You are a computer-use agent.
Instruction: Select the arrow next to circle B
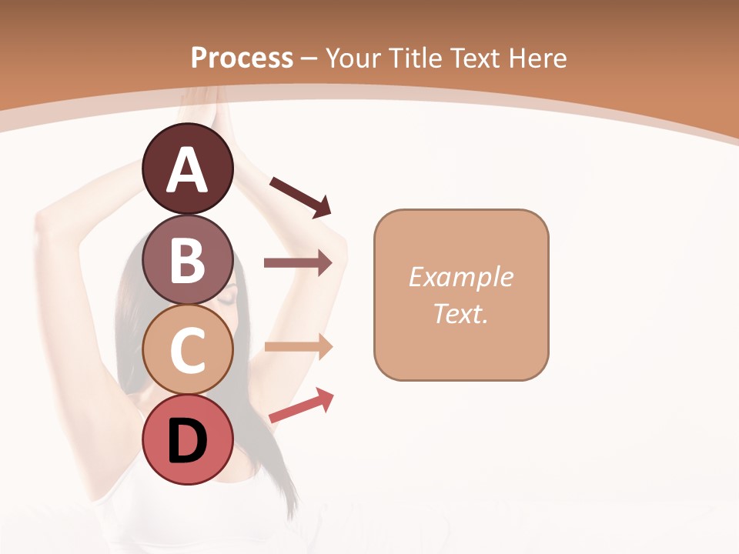tap(298, 263)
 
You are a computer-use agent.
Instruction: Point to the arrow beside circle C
tap(298, 346)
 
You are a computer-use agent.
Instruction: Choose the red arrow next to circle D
tap(301, 405)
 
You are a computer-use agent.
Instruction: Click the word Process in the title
tap(242, 58)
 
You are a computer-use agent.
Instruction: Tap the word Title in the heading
tap(410, 58)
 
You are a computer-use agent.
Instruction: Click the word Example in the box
tap(460, 277)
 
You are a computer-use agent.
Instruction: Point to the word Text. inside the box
tap(460, 313)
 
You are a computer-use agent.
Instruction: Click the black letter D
tap(187, 441)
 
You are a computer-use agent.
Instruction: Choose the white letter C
tap(187, 350)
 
